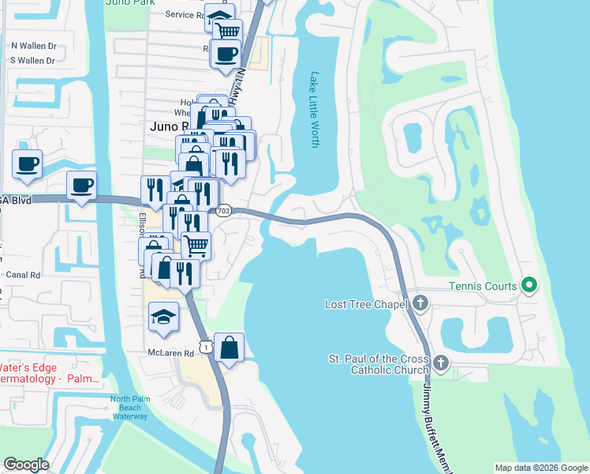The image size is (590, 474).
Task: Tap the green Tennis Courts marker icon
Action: coord(531,285)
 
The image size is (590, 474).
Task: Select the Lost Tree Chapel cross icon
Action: coord(420,303)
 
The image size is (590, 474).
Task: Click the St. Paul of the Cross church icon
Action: coord(440,363)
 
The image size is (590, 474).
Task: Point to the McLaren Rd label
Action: coord(170,353)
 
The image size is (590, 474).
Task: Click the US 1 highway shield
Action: coord(206,347)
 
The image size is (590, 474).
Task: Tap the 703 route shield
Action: coord(223,210)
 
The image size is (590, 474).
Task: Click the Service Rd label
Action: coord(185,14)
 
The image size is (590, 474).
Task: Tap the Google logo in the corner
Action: coord(26,465)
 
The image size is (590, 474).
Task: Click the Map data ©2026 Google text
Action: coord(540,468)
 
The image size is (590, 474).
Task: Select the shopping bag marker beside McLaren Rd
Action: coord(229,347)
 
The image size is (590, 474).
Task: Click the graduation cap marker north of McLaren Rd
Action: coord(164,316)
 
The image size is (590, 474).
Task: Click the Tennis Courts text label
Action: coord(484,286)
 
